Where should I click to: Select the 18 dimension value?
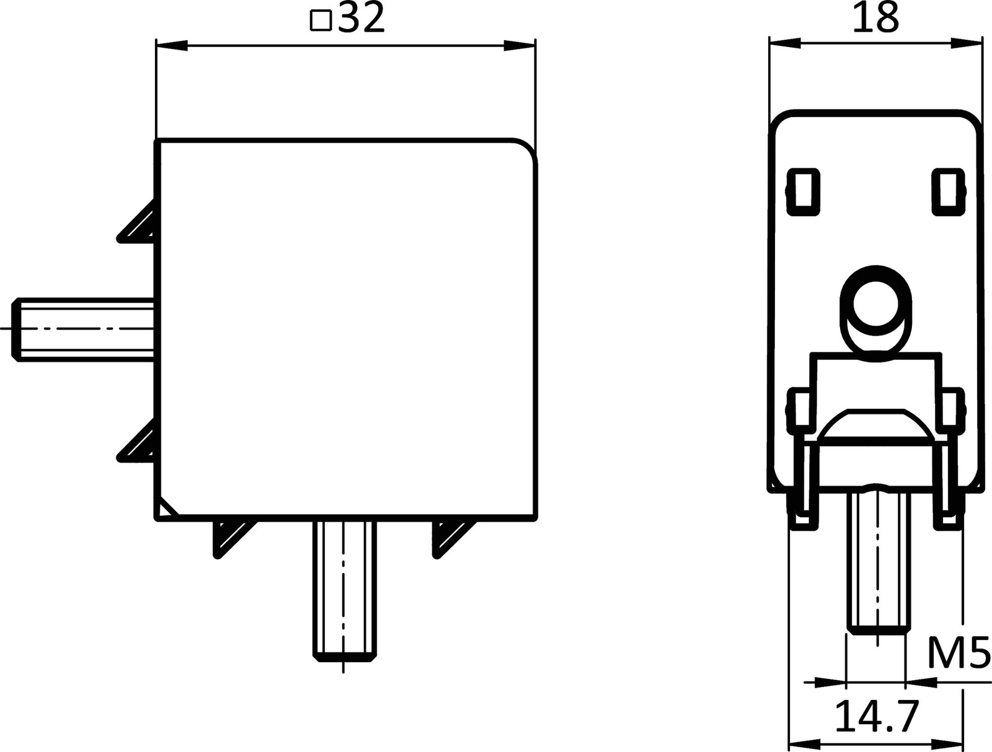(875, 19)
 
